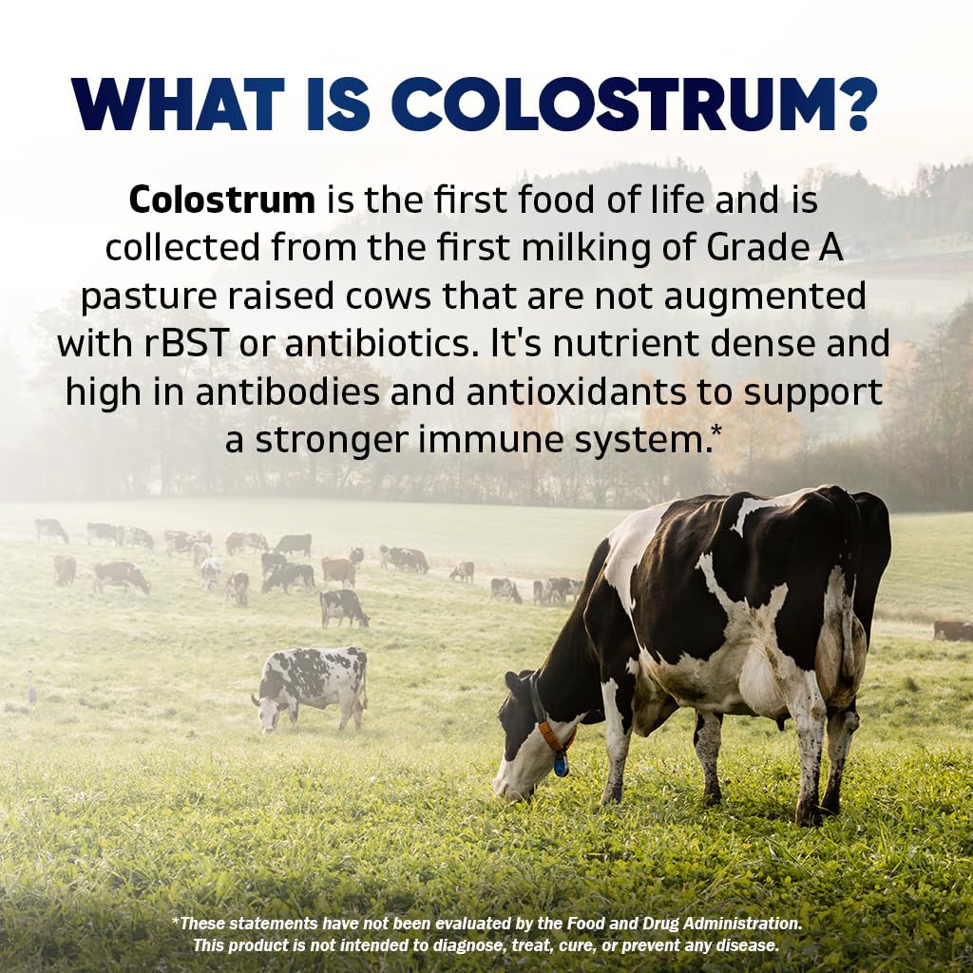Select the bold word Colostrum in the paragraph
pyautogui.click(x=221, y=200)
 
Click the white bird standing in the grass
pyautogui.click(x=31, y=686)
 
